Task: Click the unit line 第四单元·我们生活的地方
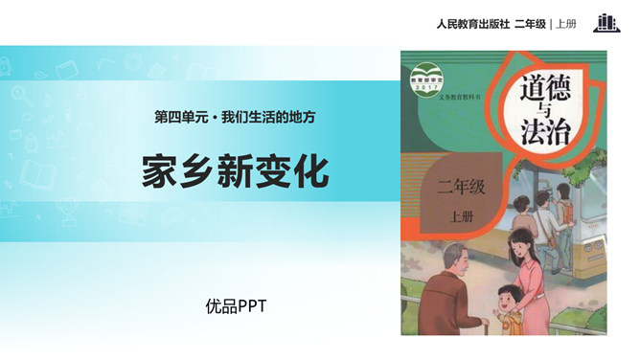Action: [235, 117]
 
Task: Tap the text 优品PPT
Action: [235, 306]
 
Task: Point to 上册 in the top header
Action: [568, 23]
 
